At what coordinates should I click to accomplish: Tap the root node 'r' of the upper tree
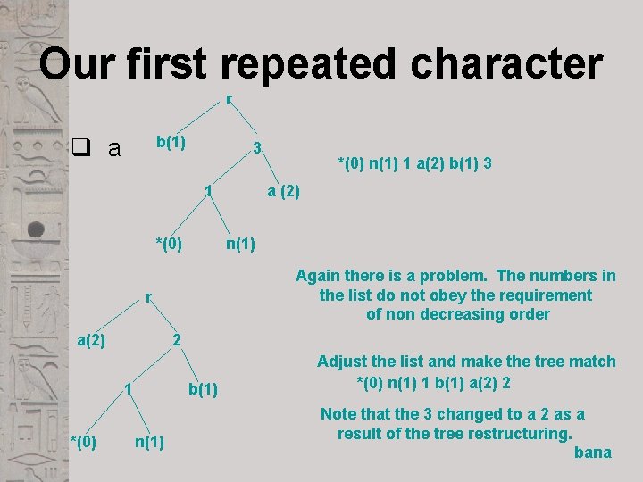(x=230, y=100)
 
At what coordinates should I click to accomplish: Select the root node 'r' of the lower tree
(x=149, y=298)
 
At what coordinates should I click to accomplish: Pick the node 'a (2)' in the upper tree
(x=285, y=192)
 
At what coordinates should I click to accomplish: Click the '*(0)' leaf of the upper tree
(x=169, y=243)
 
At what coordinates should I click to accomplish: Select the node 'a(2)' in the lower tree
(x=91, y=340)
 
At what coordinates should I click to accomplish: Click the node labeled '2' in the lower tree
(x=177, y=340)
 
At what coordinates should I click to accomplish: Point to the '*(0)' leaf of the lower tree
(x=83, y=440)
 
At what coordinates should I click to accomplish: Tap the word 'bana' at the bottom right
(x=592, y=453)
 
